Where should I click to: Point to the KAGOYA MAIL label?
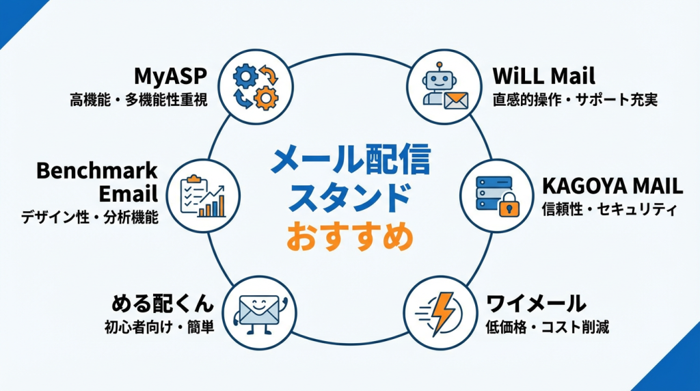click(x=612, y=185)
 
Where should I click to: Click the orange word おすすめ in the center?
click(x=349, y=236)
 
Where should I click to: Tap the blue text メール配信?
click(x=350, y=161)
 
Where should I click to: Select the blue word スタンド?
click(x=350, y=198)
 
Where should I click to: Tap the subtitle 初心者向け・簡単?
click(x=159, y=327)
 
